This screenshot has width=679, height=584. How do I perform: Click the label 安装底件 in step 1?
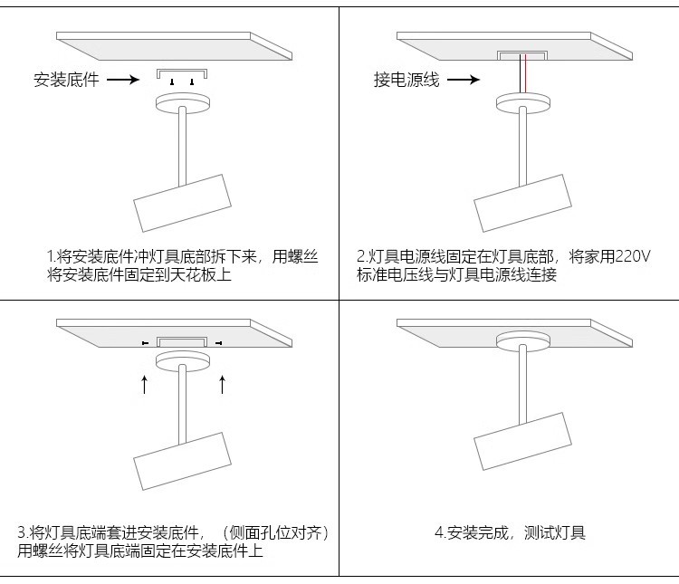coord(66,80)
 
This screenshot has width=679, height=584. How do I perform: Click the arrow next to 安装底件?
coord(122,80)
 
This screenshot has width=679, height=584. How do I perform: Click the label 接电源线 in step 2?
coord(406,80)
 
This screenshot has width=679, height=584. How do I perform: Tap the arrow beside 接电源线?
coord(463,80)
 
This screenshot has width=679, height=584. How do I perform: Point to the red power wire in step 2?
coord(520,75)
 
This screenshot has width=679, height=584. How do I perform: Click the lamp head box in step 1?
coord(182,201)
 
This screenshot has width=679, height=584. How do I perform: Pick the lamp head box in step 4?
coord(522,440)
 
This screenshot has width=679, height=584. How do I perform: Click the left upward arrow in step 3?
coord(144,383)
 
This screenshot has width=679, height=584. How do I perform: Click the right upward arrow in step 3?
coord(222,383)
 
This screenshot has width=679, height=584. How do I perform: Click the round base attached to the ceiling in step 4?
coord(523,340)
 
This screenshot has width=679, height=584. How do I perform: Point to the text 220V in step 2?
coord(633,257)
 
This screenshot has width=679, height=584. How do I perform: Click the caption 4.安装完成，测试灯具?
coord(510,532)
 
